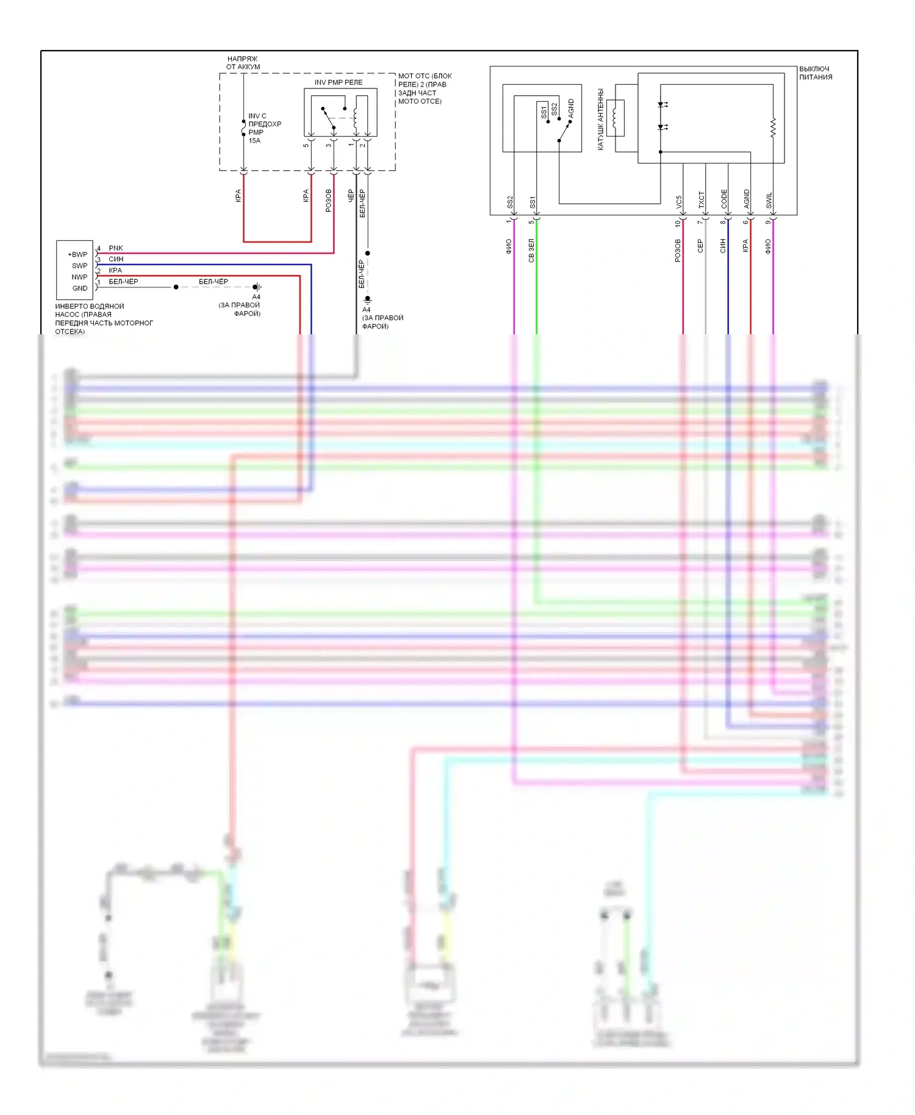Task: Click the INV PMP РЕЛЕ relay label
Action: [x=338, y=82]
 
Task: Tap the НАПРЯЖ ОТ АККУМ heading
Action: [x=243, y=63]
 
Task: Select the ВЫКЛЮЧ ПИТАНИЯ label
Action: [x=816, y=73]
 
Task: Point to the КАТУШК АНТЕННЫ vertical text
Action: [x=601, y=120]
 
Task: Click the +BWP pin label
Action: [x=77, y=254]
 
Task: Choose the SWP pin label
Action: [x=79, y=266]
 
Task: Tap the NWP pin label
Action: [x=79, y=277]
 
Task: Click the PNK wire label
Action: [x=116, y=248]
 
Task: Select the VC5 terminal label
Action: [x=679, y=203]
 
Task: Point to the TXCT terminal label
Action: [x=701, y=200]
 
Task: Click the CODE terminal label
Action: [x=724, y=199]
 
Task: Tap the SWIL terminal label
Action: [x=769, y=201]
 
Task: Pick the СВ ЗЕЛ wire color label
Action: [x=531, y=251]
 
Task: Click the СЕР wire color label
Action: [x=700, y=246]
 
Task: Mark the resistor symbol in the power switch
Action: [x=773, y=128]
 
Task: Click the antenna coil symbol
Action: [x=615, y=118]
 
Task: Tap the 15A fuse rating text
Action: [x=254, y=141]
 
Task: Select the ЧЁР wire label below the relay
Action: [x=351, y=196]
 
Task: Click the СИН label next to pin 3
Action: [x=116, y=259]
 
